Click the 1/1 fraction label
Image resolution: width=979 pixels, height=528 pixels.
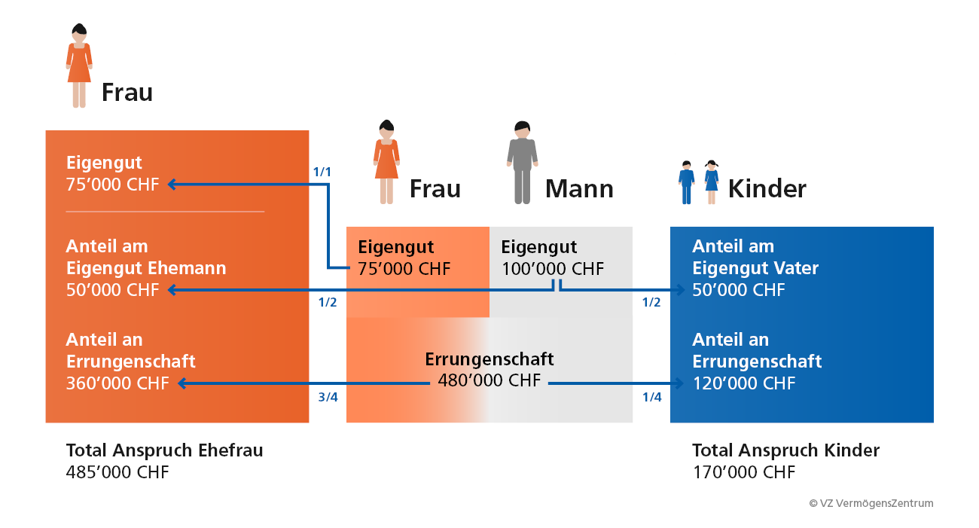click(322, 172)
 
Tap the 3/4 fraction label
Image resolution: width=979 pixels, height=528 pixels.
click(328, 397)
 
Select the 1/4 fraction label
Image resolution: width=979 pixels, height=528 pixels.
click(651, 397)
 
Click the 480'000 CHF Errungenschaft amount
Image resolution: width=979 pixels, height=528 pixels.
click(489, 380)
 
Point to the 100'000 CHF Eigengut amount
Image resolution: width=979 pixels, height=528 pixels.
click(553, 269)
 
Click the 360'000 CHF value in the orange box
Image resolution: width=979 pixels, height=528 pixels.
click(117, 383)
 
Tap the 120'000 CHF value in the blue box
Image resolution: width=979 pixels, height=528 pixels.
click(744, 383)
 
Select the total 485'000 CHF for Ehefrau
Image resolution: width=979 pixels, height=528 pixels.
click(117, 472)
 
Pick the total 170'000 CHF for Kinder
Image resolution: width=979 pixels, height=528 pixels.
click(744, 472)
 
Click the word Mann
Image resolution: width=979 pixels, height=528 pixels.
click(579, 189)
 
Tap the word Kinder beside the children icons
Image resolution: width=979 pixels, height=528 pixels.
click(767, 189)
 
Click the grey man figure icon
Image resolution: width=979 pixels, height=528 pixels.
click(523, 162)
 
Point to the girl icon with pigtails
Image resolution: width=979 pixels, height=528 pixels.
click(712, 182)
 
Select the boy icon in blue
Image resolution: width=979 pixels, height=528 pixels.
click(687, 182)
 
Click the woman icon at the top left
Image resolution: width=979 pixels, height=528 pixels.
click(79, 66)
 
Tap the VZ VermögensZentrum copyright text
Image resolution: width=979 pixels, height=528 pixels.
click(871, 503)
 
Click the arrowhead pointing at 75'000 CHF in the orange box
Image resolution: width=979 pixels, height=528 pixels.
click(172, 185)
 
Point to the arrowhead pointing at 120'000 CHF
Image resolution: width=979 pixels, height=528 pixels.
click(679, 383)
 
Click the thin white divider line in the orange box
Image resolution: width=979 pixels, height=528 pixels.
click(165, 212)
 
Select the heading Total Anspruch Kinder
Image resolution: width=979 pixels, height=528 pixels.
click(785, 450)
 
